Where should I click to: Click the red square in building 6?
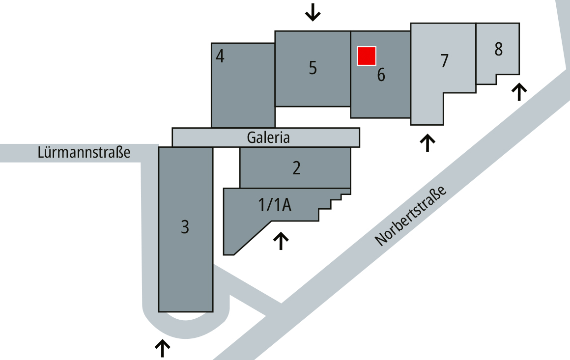(x=367, y=56)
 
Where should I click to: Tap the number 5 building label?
(x=313, y=68)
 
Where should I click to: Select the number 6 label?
(x=381, y=75)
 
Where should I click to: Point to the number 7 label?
(x=444, y=61)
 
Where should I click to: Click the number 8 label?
(x=498, y=49)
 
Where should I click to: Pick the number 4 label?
(x=220, y=56)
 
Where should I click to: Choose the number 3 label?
(x=185, y=227)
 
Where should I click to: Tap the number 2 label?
(x=297, y=168)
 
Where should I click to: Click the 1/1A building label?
(x=275, y=205)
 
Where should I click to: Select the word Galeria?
(x=268, y=138)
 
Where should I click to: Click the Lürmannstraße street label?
(x=84, y=152)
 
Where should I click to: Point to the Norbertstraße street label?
(x=410, y=216)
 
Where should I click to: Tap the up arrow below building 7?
(x=427, y=143)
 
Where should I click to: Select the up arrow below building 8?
(x=519, y=92)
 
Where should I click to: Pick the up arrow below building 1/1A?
(x=281, y=241)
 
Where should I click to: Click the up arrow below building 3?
(x=163, y=349)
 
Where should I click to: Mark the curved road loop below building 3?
(x=186, y=323)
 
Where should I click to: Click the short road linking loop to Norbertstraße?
(x=247, y=291)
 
